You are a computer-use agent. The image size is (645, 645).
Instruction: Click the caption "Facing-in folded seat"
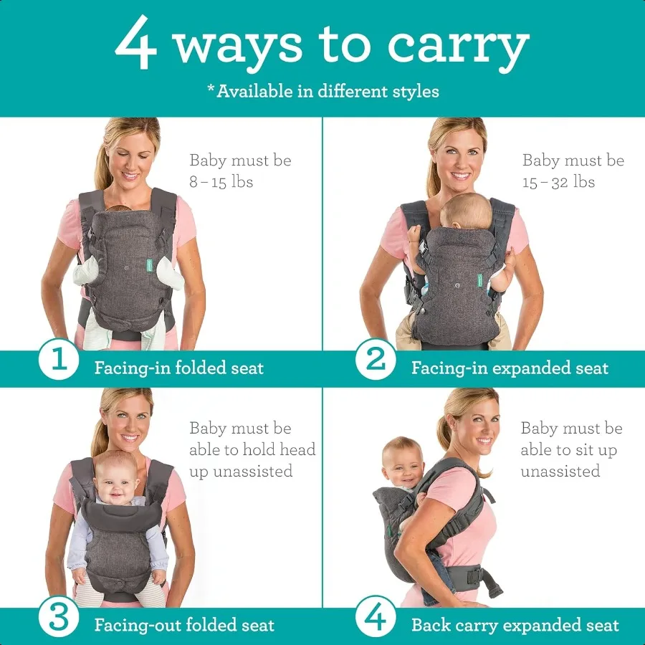pos(179,368)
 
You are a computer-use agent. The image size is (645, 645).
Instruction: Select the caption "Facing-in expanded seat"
pos(510,368)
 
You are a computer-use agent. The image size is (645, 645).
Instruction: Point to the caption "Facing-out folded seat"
pos(184,625)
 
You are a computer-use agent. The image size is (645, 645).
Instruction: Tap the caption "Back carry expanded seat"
pos(515,625)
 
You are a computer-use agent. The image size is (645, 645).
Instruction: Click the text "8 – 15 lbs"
pos(221,182)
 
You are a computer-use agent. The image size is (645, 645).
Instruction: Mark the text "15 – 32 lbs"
pos(558,182)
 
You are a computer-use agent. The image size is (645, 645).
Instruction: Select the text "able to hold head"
pos(252,450)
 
